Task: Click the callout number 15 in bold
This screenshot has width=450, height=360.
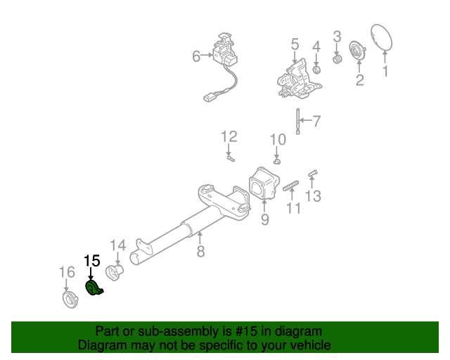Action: click(92, 261)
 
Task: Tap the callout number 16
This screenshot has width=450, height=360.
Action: click(66, 273)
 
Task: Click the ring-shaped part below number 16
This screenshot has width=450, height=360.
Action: click(70, 300)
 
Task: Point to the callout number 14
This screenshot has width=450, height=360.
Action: click(117, 245)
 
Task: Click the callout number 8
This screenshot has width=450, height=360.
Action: click(200, 250)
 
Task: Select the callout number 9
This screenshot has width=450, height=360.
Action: click(264, 220)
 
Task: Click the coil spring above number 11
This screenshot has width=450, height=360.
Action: click(291, 186)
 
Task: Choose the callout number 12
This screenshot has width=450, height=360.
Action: click(229, 136)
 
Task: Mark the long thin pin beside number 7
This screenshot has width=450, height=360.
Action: click(299, 120)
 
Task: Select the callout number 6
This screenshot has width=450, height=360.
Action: click(197, 56)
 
